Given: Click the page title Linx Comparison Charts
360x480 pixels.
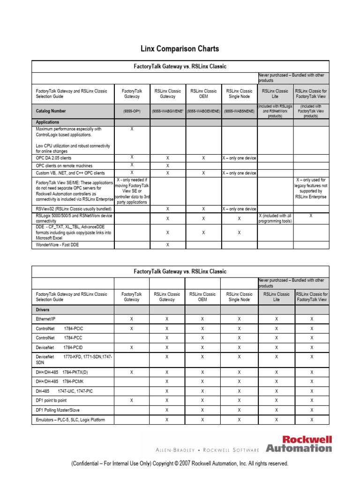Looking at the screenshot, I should click(180, 49).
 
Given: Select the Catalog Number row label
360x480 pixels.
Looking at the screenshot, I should click(51, 111).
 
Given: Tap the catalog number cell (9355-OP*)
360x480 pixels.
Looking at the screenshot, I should click(132, 111).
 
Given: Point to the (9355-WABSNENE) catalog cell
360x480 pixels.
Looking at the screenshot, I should click(239, 111).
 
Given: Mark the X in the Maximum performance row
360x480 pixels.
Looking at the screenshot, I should click(132, 129).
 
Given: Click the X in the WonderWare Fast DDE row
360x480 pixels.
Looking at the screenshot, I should click(167, 245).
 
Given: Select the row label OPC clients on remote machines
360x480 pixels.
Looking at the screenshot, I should click(64, 165).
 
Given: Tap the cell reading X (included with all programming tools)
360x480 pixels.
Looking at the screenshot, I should click(276, 218).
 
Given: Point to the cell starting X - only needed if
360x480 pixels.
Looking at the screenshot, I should click(132, 191).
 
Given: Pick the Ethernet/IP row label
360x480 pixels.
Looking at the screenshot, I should click(45, 318).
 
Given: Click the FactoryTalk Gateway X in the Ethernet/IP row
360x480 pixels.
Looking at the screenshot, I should click(132, 318).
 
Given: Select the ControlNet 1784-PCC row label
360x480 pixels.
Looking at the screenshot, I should click(55, 337).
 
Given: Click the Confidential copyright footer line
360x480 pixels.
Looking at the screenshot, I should click(180, 464).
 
